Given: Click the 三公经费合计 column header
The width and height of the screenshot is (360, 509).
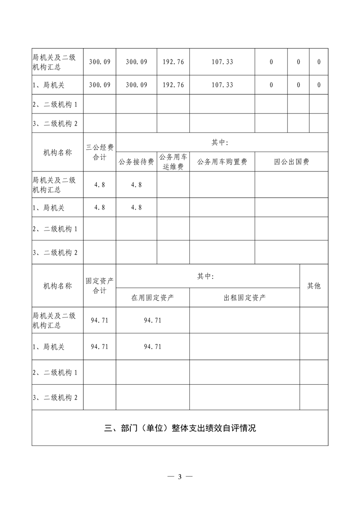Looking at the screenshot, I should click(x=99, y=152).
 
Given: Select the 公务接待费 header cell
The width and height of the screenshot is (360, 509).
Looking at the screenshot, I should click(x=136, y=162).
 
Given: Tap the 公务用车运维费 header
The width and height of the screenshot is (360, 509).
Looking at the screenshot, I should click(x=173, y=162).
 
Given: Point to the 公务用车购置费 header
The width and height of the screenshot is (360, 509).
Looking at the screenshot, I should click(x=222, y=162).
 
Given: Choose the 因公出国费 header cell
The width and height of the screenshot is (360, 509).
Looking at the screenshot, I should click(x=291, y=162).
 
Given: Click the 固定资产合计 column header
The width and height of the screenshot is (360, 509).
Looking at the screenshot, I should click(x=99, y=286).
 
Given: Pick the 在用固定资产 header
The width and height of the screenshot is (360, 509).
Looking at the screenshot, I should click(x=153, y=298).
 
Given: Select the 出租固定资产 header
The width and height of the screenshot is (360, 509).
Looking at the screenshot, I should click(x=245, y=298).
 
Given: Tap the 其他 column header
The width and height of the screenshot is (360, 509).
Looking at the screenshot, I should click(x=314, y=286).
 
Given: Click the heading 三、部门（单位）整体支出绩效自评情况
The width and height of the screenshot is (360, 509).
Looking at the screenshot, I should click(x=180, y=428).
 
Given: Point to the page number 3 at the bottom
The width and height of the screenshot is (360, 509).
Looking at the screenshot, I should click(x=180, y=476).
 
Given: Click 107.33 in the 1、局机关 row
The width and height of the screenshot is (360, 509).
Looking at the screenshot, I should click(x=222, y=85).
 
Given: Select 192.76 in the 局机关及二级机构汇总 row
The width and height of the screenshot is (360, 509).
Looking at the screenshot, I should click(x=173, y=62).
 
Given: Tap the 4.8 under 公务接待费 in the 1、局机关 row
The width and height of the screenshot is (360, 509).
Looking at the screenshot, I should click(x=136, y=207).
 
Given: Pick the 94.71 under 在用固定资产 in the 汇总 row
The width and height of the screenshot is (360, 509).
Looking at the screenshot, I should click(x=153, y=320).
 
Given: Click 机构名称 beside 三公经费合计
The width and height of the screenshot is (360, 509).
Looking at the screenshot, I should click(x=58, y=152).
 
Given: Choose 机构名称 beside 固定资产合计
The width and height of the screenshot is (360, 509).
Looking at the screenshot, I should click(x=58, y=286).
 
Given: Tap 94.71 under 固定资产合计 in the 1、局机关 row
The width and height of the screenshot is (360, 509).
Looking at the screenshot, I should click(x=99, y=347).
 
